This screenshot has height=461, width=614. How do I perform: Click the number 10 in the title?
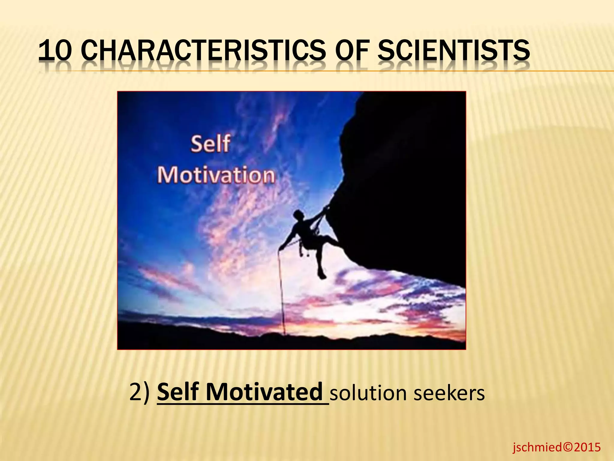click(55, 51)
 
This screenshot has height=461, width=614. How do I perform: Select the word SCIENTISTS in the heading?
click(453, 51)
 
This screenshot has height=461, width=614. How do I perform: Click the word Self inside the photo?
click(210, 144)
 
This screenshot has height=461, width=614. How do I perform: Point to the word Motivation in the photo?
click(216, 175)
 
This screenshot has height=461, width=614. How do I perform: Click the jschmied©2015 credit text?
click(556, 447)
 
